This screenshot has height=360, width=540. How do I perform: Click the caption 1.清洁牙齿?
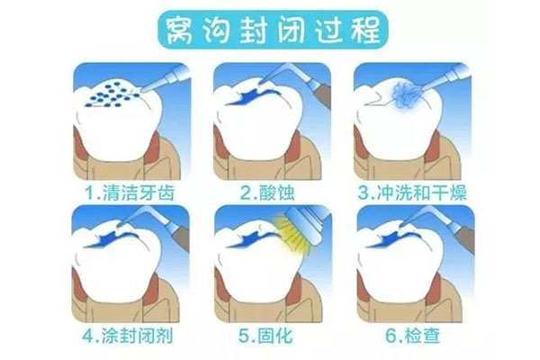(128, 191)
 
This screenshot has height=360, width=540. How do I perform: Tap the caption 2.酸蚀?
(270, 191)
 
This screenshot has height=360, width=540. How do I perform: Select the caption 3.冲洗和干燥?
(411, 191)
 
